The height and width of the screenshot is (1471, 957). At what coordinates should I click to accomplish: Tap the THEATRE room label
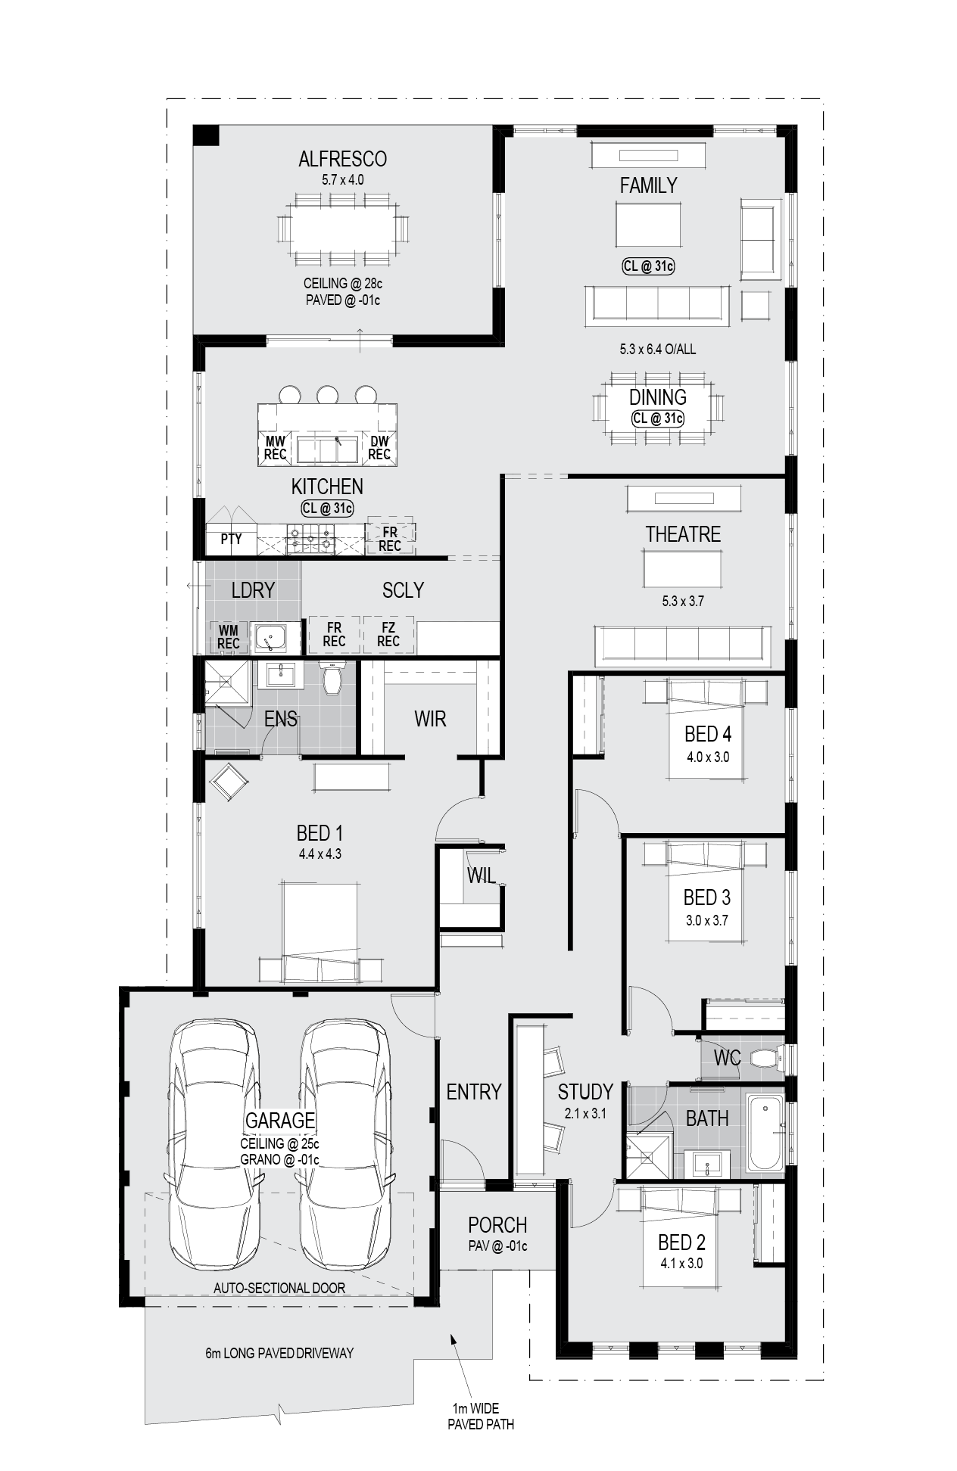tap(683, 534)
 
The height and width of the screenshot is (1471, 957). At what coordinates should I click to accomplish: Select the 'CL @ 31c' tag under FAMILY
tap(648, 266)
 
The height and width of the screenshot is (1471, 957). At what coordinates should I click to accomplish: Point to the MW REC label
tap(275, 448)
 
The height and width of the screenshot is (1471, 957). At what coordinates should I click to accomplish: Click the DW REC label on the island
tap(379, 448)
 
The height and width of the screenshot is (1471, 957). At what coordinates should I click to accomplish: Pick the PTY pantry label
tap(231, 539)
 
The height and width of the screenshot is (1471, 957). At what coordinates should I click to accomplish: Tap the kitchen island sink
tap(328, 449)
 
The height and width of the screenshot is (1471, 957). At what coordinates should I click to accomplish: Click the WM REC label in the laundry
tap(229, 637)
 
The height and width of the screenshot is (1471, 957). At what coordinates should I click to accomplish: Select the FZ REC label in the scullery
tap(388, 635)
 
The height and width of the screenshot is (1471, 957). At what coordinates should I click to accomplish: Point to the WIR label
tap(430, 719)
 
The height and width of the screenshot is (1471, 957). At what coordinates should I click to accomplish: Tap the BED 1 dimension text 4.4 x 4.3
tap(320, 854)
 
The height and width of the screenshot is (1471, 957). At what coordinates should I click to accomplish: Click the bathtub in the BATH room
tap(765, 1133)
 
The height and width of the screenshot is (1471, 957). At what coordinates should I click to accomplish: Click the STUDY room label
tap(585, 1092)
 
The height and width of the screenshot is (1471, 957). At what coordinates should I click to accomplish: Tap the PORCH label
tap(497, 1225)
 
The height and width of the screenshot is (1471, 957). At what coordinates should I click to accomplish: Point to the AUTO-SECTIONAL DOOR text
tap(279, 1288)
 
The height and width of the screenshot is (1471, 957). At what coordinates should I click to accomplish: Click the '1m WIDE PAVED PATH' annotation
tap(481, 1417)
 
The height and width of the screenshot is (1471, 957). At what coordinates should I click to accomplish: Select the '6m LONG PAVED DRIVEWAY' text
tap(279, 1353)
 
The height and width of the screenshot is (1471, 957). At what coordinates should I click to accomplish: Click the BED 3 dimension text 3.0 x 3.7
tap(706, 921)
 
